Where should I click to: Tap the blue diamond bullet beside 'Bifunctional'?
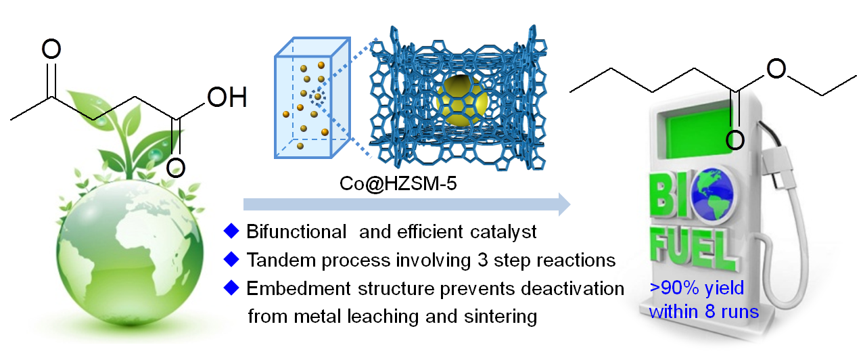[x=231, y=231]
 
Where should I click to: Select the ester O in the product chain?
[x=778, y=68]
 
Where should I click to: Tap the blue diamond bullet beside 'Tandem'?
[x=231, y=259]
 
